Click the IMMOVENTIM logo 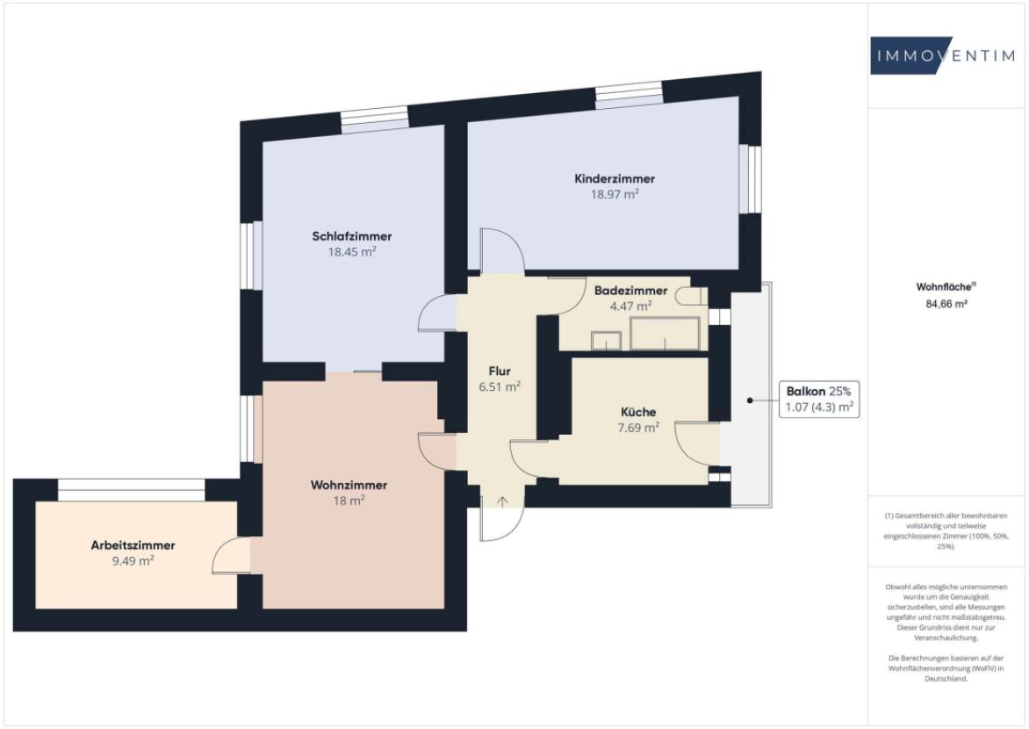pos(942,55)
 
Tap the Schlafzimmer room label pos(352,235)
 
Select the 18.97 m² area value pos(615,194)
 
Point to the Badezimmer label pos(630,291)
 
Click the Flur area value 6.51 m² pos(500,386)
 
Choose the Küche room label pos(638,412)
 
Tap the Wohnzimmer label pos(349,486)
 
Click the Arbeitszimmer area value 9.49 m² pos(133,561)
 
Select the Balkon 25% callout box pos(819,400)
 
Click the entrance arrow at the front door pos(502,502)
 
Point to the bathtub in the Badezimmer pos(665,334)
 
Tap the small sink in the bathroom pos(607,341)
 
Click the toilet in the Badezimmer pos(693,296)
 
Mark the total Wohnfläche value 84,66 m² pos(946,304)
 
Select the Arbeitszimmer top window pos(131,490)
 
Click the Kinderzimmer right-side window pos(750,178)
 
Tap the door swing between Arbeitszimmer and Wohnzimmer pos(230,556)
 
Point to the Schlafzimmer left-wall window pos(251,256)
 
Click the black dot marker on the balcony pos(750,400)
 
